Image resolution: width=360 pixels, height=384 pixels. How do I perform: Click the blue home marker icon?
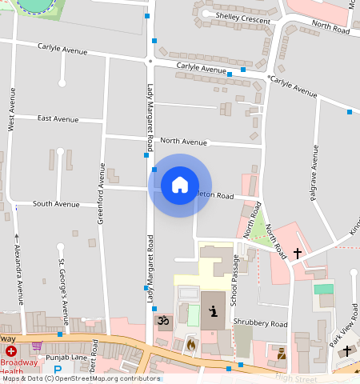pos(180,186)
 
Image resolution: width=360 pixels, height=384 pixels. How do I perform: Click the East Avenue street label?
pos(58,118)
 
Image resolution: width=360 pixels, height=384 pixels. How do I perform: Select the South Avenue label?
pos(56,204)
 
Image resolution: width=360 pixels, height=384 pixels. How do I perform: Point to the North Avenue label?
pos(183,142)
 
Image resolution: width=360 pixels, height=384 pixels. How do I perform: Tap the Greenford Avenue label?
pos(102,193)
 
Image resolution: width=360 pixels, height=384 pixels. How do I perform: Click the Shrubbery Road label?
pos(260,324)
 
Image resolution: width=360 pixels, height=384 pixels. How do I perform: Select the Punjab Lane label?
pos(66,357)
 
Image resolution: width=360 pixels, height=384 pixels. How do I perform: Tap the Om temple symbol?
pos(163,322)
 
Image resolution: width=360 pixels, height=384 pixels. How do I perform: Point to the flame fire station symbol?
pos(190,345)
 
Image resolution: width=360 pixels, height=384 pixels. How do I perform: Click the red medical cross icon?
pos(11,351)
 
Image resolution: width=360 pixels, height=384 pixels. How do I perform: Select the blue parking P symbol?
pos(57,370)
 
